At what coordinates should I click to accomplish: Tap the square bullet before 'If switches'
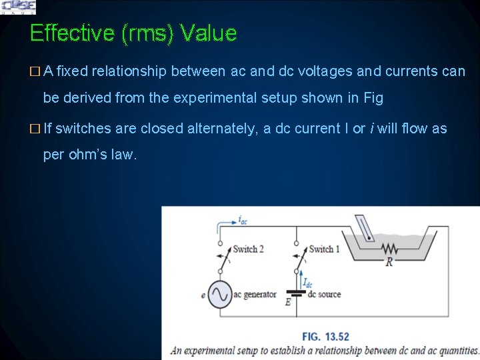35,128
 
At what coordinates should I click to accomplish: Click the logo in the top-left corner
19,7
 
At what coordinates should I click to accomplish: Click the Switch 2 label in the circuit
248,249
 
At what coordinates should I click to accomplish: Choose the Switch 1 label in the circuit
324,249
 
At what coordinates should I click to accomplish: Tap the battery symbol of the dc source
295,293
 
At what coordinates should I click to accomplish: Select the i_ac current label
243,219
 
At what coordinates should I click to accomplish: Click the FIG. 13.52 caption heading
325,336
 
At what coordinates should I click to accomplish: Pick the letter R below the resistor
389,262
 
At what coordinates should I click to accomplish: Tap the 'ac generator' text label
255,294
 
